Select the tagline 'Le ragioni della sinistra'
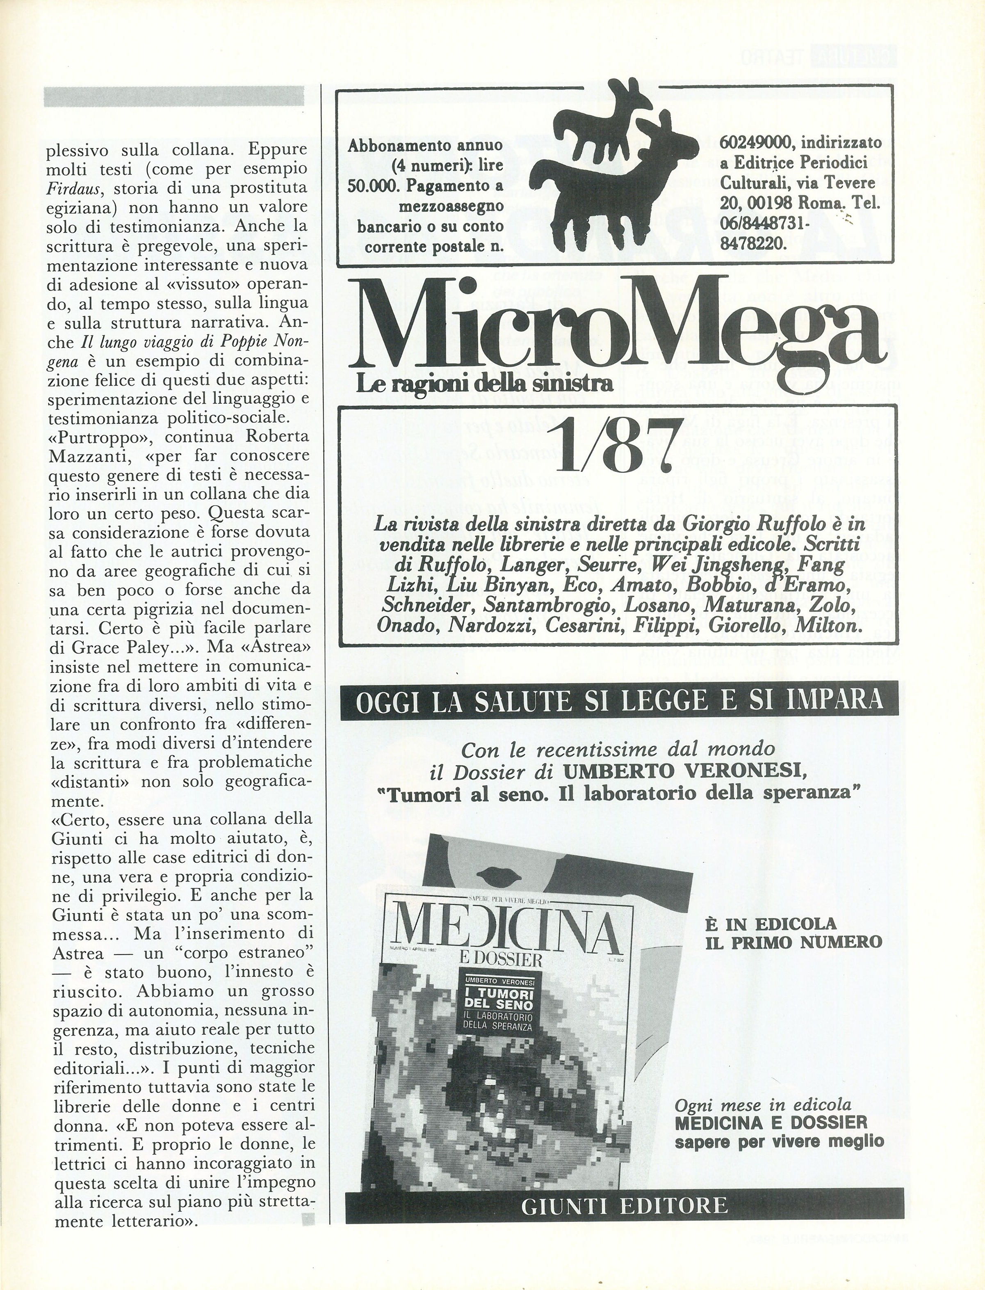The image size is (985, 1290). pos(484,384)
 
